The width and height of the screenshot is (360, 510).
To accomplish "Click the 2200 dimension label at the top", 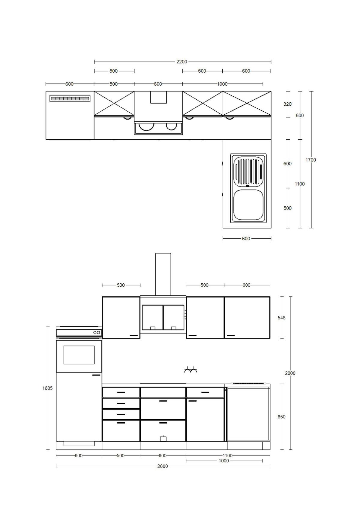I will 181,62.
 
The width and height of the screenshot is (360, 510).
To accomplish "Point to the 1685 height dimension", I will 47,388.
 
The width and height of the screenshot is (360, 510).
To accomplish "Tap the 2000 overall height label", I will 290,373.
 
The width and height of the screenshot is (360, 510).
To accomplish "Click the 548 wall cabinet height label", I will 281,318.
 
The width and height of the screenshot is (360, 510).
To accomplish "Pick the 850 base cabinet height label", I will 281,417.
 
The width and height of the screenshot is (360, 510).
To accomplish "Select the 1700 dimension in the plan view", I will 311,160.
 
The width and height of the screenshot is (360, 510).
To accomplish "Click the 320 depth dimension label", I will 287,104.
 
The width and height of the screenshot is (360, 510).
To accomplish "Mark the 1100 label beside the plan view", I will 299,184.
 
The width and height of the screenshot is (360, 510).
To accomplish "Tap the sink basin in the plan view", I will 248,205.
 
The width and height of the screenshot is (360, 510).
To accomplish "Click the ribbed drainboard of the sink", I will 248,171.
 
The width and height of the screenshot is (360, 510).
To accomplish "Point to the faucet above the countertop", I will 191,370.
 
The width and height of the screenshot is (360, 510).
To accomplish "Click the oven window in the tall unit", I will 79,355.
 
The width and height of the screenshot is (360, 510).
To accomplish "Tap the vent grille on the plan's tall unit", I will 70,98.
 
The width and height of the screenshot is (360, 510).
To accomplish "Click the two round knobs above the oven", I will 97,333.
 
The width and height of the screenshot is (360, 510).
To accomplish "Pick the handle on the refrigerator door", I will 96,375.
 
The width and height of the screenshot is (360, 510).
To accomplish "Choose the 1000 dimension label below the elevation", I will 224,461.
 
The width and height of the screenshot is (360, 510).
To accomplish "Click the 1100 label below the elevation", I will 228,455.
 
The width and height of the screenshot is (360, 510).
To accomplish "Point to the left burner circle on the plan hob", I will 147,126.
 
